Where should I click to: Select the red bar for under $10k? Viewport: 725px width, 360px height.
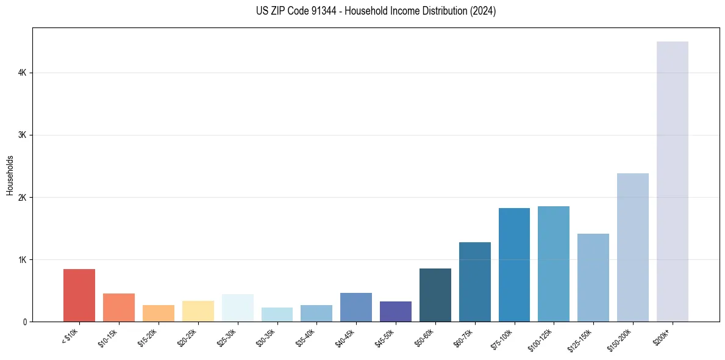tap(79, 295)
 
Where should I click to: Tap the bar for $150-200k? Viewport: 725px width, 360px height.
tap(632, 247)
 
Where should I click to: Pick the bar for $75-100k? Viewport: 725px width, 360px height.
tap(514, 265)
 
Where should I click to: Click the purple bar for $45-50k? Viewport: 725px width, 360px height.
tap(395, 311)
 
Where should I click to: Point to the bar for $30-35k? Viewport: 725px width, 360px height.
tap(277, 314)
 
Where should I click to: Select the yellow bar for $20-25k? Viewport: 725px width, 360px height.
tap(198, 311)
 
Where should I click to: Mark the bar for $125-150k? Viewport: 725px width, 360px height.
tap(593, 278)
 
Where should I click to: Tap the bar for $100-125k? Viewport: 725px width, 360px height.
tap(553, 264)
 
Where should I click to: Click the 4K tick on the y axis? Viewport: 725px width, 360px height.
tap(23, 73)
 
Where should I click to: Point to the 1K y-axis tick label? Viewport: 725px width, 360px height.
tap(23, 259)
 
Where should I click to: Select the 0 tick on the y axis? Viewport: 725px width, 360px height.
tap(24, 322)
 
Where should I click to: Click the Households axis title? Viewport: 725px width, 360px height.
tap(10, 175)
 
